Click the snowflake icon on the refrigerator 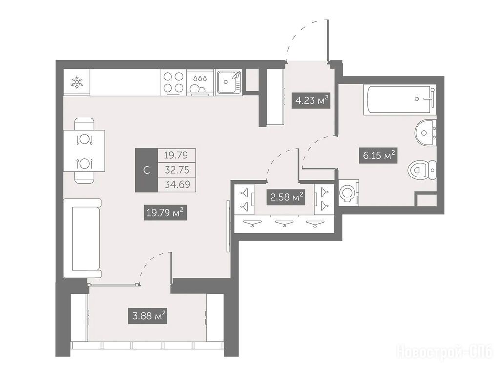click(77, 82)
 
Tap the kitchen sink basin click(227, 82)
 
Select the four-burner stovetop click(173, 82)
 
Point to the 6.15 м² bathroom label click(378, 156)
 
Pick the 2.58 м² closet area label click(286, 197)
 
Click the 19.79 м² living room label click(165, 212)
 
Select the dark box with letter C click(146, 170)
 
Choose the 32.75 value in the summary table click(177, 170)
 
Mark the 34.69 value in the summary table click(177, 184)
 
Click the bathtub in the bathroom click(399, 99)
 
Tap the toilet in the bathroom click(422, 170)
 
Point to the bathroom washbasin click(425, 132)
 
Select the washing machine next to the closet click(349, 193)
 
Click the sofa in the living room click(82, 238)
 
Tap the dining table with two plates click(84, 151)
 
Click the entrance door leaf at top click(327, 40)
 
